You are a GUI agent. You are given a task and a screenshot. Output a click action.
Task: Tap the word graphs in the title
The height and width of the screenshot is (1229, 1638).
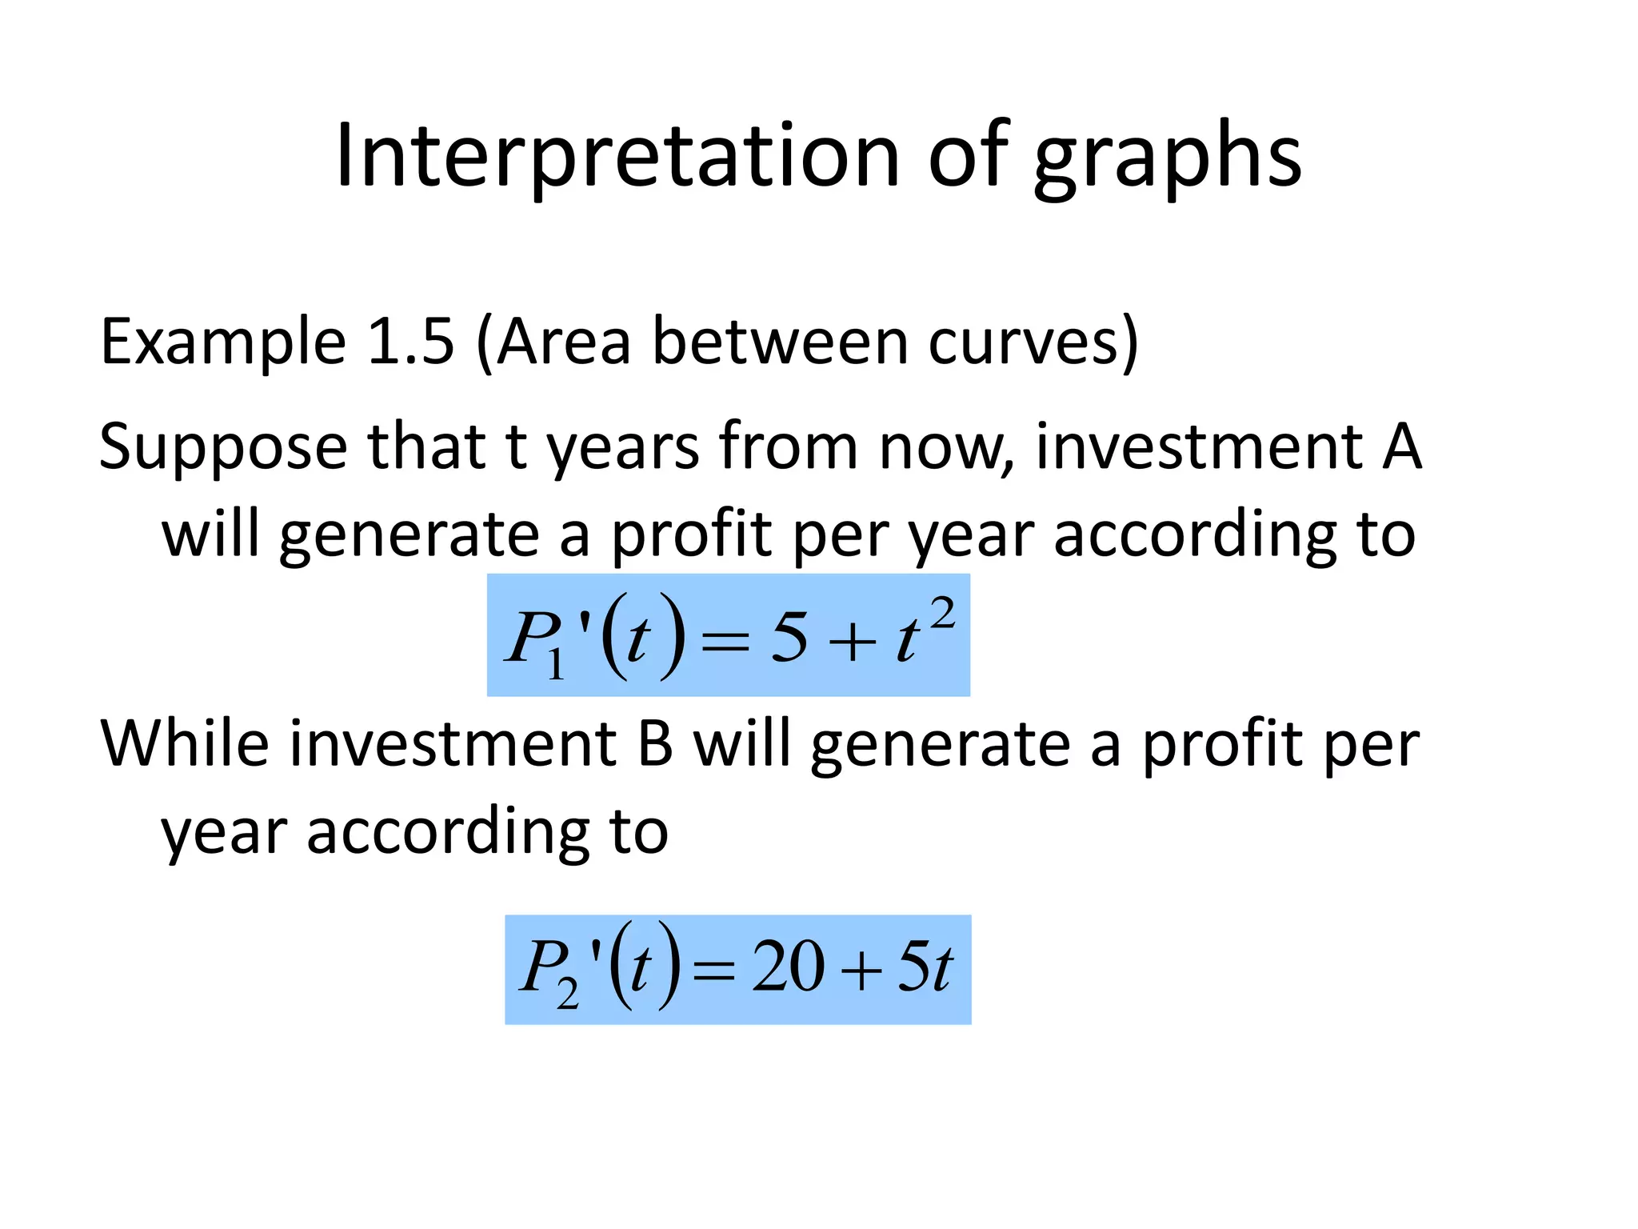[x=1168, y=160]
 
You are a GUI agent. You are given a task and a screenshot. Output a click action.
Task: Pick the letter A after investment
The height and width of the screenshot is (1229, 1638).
[x=1401, y=446]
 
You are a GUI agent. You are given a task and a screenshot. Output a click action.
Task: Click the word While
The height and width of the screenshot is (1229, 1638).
[x=185, y=743]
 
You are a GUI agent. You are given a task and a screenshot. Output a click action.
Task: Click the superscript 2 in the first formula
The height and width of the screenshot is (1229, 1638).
[x=943, y=615]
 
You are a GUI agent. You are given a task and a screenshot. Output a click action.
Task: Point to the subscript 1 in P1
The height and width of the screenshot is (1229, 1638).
[x=556, y=663]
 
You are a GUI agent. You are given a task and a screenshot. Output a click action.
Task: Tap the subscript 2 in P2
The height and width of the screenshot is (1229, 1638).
[x=568, y=995]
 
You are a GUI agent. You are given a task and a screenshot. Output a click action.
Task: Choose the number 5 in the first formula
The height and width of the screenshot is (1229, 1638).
[x=789, y=638]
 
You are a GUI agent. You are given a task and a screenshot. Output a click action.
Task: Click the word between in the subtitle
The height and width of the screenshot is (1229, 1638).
[x=779, y=342]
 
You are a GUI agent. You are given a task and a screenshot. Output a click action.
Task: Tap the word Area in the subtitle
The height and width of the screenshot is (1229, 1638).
[x=563, y=342]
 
